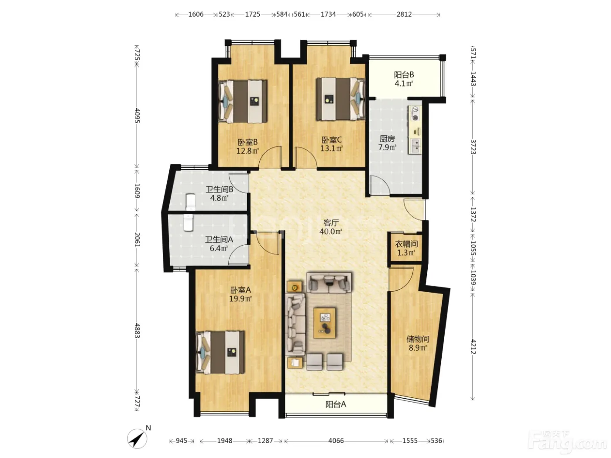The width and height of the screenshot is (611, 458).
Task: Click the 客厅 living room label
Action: [x=331, y=223]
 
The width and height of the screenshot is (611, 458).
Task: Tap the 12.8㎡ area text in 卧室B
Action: [x=247, y=151]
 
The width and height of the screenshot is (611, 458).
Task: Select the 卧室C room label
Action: [x=331, y=140]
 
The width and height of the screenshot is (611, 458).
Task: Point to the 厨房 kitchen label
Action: [x=387, y=138]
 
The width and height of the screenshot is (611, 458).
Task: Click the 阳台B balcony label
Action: [x=404, y=75]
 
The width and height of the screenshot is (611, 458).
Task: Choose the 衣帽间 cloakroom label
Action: [x=406, y=244]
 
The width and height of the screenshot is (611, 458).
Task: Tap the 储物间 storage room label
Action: [x=418, y=339]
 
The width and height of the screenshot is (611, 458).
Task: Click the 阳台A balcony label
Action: [x=336, y=404]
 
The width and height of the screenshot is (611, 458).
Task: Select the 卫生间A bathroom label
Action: [x=219, y=239]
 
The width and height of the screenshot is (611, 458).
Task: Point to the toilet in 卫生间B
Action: [x=191, y=202]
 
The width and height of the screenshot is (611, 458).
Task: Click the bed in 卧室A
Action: [x=220, y=352]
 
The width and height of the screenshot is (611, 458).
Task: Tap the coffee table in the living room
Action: [x=324, y=323]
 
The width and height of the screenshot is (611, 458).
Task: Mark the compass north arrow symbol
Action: [x=137, y=439]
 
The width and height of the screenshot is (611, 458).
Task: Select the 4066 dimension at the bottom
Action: [x=336, y=441]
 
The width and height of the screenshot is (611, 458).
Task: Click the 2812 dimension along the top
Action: [x=404, y=14]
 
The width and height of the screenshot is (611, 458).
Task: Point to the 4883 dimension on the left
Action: [x=137, y=331]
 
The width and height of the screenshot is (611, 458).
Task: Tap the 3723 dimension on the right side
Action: [x=473, y=147]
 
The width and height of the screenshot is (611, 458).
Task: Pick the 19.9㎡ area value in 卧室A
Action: [x=240, y=299]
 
